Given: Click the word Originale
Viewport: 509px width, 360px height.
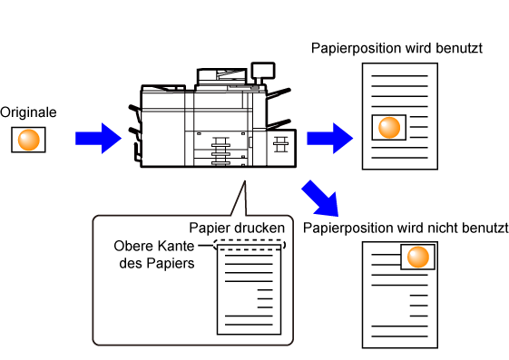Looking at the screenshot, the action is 28,112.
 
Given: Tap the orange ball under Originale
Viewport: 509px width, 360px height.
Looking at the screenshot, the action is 28,140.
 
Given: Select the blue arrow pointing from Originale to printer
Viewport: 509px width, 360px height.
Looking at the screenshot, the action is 98,138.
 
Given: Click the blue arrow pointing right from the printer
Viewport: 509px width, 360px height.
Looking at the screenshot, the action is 330,138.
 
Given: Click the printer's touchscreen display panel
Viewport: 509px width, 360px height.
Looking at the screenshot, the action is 263,71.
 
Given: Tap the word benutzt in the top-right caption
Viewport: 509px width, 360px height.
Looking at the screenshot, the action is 459,48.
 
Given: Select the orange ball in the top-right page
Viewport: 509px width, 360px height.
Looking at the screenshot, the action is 389,128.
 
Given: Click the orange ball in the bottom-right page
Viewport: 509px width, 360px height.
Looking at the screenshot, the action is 418,257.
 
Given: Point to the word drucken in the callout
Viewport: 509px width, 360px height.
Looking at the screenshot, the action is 260,228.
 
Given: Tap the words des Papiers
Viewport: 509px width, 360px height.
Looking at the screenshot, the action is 157,263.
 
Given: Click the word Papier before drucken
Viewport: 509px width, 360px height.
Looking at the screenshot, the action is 211,229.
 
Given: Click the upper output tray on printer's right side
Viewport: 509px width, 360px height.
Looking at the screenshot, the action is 279,93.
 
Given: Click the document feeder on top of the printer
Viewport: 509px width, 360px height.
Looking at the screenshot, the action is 222,76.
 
